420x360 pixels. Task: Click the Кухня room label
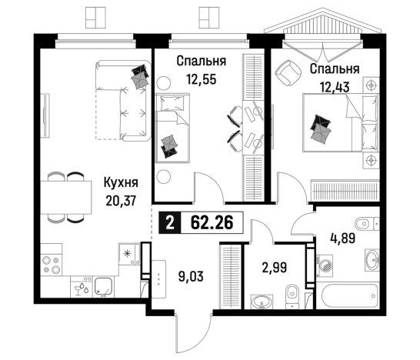121,183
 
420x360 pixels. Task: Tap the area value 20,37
121,201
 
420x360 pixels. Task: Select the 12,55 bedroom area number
202,79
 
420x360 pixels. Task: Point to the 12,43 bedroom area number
335,87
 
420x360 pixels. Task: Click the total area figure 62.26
212,222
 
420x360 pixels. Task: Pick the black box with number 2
169,222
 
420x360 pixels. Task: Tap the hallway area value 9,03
191,276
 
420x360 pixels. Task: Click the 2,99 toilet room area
275,268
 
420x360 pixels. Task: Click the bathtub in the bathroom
348,295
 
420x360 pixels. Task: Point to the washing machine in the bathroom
325,265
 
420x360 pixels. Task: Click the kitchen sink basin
104,287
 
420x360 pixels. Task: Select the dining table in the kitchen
66,198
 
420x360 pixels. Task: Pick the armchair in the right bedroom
288,72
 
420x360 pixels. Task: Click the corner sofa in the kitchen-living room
122,101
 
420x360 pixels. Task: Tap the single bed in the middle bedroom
173,128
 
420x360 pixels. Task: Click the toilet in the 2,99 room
292,296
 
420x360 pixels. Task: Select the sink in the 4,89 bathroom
372,259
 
